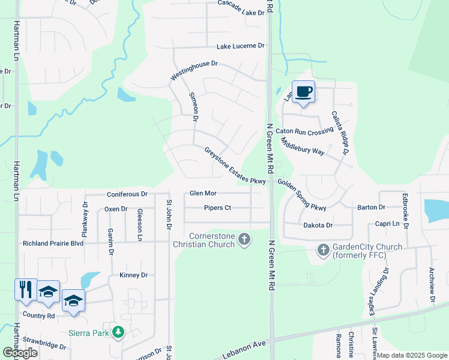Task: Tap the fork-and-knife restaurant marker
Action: click(x=26, y=290)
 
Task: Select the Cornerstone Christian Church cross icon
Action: click(x=244, y=240)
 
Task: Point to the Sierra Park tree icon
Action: click(x=119, y=332)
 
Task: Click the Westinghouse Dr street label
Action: click(x=194, y=69)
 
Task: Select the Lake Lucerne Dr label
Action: click(x=240, y=46)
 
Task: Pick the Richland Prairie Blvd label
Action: click(x=53, y=244)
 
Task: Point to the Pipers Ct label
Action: click(x=217, y=208)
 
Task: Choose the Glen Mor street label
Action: click(x=203, y=193)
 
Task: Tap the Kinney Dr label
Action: click(x=133, y=275)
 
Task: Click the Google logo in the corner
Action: click(x=20, y=352)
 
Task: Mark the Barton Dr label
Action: click(x=371, y=207)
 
